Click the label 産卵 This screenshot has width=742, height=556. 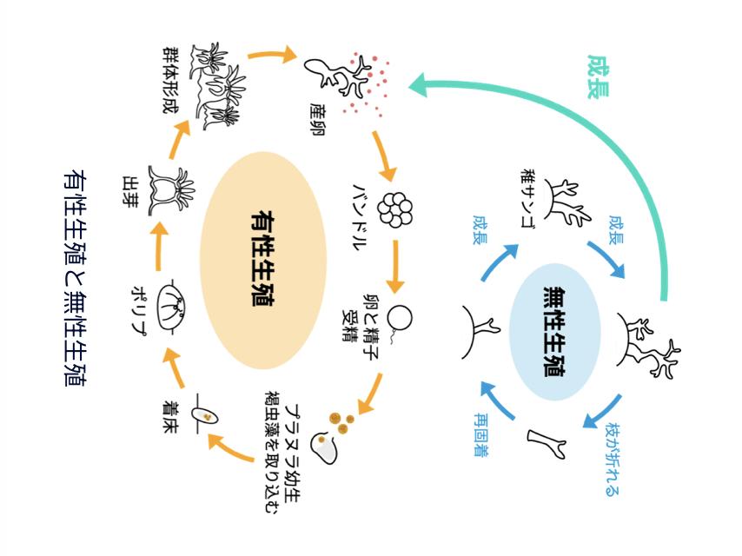click(316, 122)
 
